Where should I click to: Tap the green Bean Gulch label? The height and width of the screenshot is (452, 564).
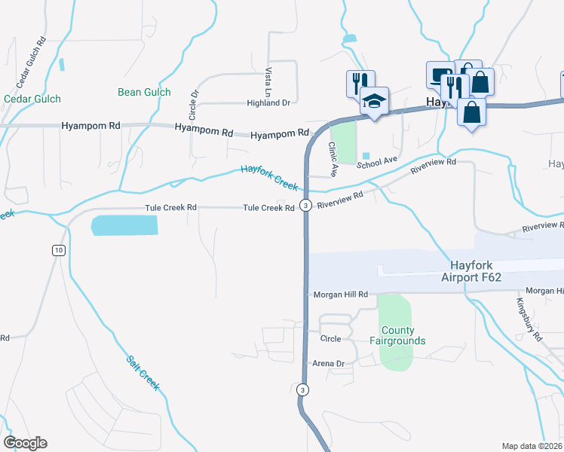point(144,93)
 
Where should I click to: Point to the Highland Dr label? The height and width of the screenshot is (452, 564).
point(268,103)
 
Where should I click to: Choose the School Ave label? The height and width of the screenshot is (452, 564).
point(376,161)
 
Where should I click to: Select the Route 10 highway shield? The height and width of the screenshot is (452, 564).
point(58,250)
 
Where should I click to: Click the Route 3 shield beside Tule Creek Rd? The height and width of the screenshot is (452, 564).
point(305,205)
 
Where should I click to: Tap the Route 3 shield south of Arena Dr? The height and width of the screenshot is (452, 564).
point(302,389)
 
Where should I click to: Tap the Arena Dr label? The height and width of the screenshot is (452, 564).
point(328,364)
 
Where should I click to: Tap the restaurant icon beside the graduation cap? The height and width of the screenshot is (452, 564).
point(357,82)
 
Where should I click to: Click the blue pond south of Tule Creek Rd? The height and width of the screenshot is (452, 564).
point(124,225)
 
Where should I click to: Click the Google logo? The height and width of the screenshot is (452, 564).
point(24,443)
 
